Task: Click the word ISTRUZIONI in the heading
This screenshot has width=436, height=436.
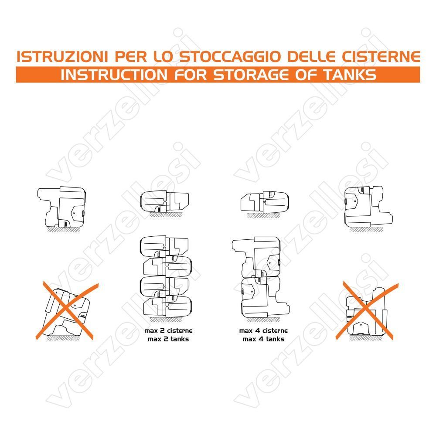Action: pyautogui.click(x=62, y=57)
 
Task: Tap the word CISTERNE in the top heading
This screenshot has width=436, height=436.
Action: pyautogui.click(x=381, y=57)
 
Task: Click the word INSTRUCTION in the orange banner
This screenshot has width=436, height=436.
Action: pyautogui.click(x=114, y=75)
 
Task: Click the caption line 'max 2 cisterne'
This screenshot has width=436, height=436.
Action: pyautogui.click(x=168, y=330)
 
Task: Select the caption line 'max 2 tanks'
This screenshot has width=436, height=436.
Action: pyautogui.click(x=168, y=339)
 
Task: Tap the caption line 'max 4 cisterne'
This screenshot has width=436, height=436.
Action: pyautogui.click(x=263, y=330)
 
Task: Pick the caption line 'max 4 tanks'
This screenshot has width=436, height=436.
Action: pyautogui.click(x=263, y=339)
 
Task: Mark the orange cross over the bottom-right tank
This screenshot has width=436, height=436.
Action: pyautogui.click(x=367, y=311)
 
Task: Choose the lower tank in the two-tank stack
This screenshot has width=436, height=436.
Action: pyautogui.click(x=265, y=297)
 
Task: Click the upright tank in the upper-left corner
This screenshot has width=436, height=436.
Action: pyautogui.click(x=61, y=207)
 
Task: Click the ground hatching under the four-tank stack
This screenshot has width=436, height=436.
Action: pyautogui.click(x=166, y=320)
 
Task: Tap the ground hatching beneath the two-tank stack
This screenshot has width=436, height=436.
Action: pyautogui.click(x=263, y=320)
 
